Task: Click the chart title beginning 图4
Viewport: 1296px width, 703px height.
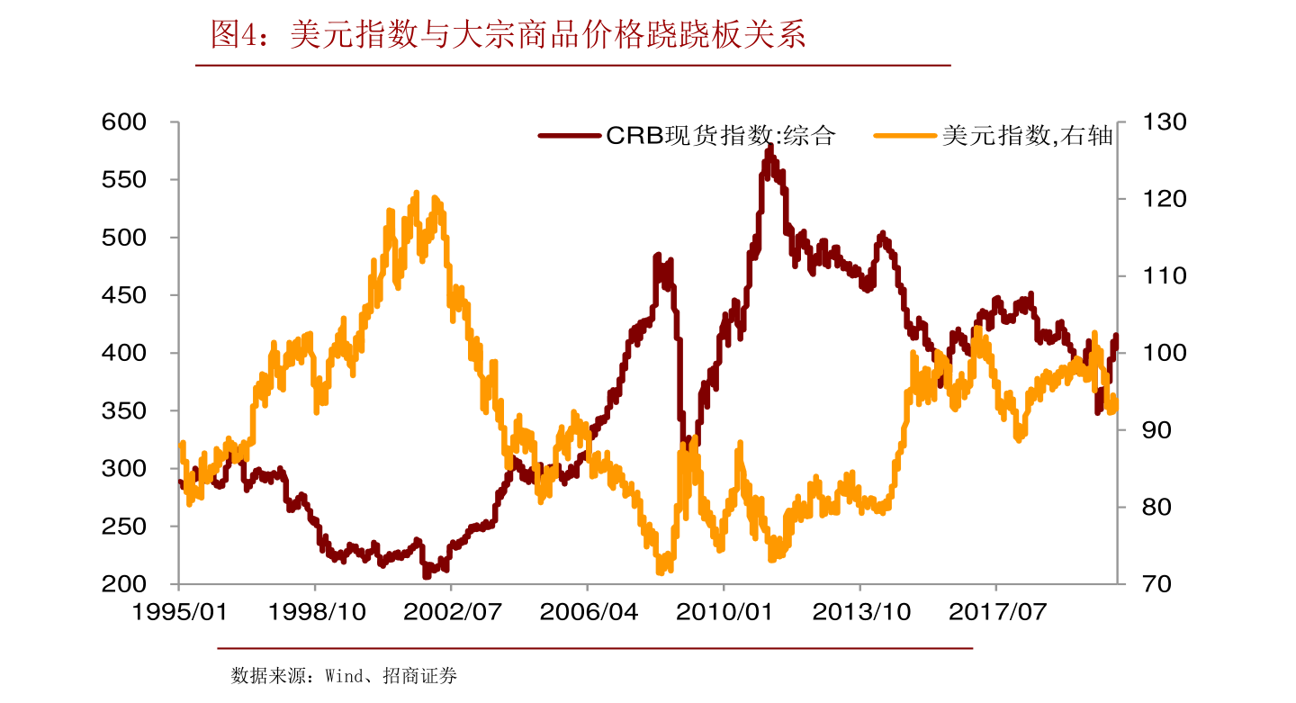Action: click(x=508, y=35)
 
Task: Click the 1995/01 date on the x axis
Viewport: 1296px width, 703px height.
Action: click(x=179, y=613)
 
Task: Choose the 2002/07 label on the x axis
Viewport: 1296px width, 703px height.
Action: click(x=451, y=613)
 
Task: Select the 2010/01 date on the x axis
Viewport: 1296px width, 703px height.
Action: click(x=724, y=613)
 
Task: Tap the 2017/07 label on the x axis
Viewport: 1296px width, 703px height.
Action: click(x=996, y=613)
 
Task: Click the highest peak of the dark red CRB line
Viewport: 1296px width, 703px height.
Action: click(x=769, y=147)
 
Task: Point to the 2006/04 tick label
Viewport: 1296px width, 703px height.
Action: click(x=588, y=613)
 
